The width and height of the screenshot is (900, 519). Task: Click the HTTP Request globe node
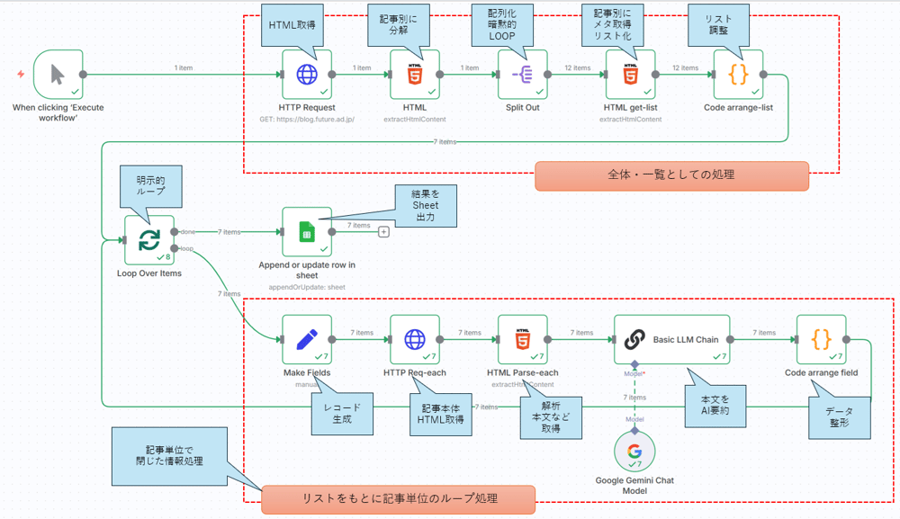pyautogui.click(x=307, y=74)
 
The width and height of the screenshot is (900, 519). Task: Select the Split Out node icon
pyautogui.click(x=523, y=74)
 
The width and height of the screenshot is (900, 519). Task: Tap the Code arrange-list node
pyautogui.click(x=738, y=74)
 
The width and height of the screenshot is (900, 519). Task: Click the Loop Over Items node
pyautogui.click(x=148, y=240)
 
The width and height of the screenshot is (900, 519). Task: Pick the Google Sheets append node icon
pyautogui.click(x=307, y=232)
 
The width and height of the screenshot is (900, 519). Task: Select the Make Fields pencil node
pyautogui.click(x=307, y=339)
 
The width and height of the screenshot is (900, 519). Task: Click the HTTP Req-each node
pyautogui.click(x=415, y=339)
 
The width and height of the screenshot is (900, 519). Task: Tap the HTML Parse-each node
pyautogui.click(x=523, y=339)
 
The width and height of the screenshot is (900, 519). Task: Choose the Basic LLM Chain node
pyautogui.click(x=672, y=339)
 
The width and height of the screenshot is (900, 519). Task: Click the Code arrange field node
pyautogui.click(x=821, y=339)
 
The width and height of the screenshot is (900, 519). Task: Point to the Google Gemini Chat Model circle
pyautogui.click(x=634, y=452)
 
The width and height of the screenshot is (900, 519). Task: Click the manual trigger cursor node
pyautogui.click(x=58, y=74)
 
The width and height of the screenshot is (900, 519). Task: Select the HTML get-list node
pyautogui.click(x=630, y=74)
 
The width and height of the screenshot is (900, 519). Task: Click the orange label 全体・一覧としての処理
pyautogui.click(x=671, y=174)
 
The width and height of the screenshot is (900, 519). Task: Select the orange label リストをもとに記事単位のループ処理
pyautogui.click(x=399, y=498)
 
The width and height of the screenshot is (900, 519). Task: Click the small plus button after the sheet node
pyautogui.click(x=383, y=232)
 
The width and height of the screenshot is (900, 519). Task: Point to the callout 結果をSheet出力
pyautogui.click(x=426, y=205)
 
